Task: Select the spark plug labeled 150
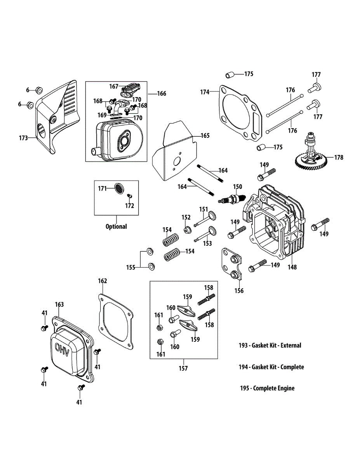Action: [x=232, y=199]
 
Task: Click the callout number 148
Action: [x=292, y=267]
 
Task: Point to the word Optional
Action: [x=116, y=226]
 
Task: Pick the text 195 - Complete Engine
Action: [x=267, y=388]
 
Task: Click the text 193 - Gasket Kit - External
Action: [x=270, y=345]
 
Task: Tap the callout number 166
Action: [x=162, y=94]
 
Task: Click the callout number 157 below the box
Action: [x=183, y=368]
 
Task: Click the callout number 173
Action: [x=23, y=138]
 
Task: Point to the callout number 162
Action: [x=102, y=281]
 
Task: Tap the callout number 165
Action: [x=205, y=136]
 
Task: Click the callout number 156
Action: [x=239, y=290]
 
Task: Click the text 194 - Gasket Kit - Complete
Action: [x=271, y=367]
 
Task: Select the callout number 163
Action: [x=59, y=305]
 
